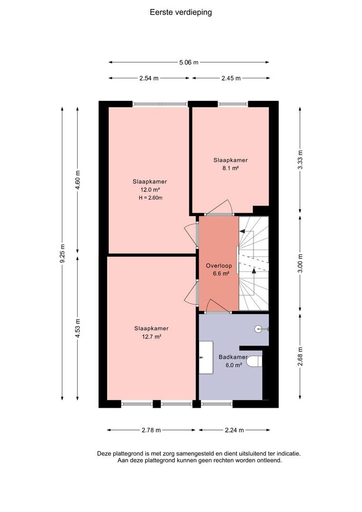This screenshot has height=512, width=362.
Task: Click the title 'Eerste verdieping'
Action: pyautogui.click(x=181, y=12)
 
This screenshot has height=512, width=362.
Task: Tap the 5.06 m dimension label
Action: pyautogui.click(x=189, y=63)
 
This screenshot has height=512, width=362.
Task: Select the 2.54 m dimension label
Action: pyautogui.click(x=149, y=78)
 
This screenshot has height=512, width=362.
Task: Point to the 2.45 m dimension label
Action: pyautogui.click(x=231, y=78)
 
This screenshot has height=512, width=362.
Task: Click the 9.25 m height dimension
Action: pyautogui.click(x=63, y=253)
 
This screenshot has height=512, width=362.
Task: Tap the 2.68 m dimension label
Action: pyautogui.click(x=300, y=357)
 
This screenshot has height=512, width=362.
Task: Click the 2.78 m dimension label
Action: pyautogui.click(x=151, y=430)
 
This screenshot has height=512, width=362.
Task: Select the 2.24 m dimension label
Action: pyautogui.click(x=235, y=430)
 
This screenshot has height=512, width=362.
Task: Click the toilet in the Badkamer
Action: pyautogui.click(x=254, y=361)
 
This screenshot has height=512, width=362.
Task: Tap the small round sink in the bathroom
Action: pyautogui.click(x=259, y=329)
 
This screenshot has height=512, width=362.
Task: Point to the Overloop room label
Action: pyautogui.click(x=219, y=266)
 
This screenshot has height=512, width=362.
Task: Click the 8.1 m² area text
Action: pyautogui.click(x=230, y=168)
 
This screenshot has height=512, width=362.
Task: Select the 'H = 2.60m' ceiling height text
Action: pyautogui.click(x=151, y=198)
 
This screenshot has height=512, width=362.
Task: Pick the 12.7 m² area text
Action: pyautogui.click(x=152, y=337)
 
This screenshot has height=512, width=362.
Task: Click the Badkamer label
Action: pyautogui.click(x=233, y=357)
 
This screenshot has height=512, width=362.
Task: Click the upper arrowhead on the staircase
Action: pyautogui.click(x=242, y=231)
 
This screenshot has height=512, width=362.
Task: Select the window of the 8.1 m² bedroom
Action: pyautogui.click(x=233, y=104)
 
